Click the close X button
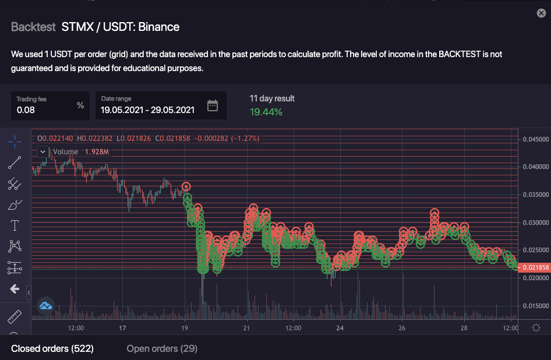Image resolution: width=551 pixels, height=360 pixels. tap(541, 13)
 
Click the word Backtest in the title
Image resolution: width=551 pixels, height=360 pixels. tap(33, 27)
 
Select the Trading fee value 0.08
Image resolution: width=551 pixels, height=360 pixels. tap(26, 110)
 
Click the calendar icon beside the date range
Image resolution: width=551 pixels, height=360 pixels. tap(213, 105)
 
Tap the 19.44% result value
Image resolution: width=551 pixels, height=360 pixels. tap(266, 112)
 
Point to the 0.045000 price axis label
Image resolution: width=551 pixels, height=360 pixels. tap(534, 139)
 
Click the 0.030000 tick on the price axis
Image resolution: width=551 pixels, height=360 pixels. tap(534, 223)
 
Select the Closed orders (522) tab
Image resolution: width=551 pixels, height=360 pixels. tap(52, 348)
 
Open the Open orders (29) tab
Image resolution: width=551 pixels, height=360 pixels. tap(162, 348)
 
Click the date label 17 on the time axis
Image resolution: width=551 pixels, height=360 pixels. tap(123, 328)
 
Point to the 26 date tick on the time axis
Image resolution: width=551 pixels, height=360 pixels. tap(402, 328)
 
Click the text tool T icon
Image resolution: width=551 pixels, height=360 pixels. tap(15, 225)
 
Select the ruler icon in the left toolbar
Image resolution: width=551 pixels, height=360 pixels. tap(15, 317)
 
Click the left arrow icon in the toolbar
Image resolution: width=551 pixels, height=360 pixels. tap(15, 289)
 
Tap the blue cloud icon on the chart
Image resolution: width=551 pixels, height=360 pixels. tap(46, 305)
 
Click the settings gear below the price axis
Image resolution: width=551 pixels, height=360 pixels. tap(536, 328)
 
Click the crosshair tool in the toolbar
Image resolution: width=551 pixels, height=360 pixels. tap(15, 142)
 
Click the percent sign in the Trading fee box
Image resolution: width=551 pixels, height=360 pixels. tap(80, 105)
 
